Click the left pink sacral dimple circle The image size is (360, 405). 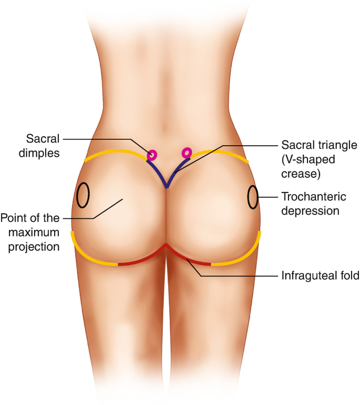pyautogui.click(x=152, y=155)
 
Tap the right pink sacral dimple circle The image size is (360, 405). pyautogui.click(x=186, y=153)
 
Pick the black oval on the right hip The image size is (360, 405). pyautogui.click(x=253, y=197)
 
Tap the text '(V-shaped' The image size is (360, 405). pyautogui.click(x=304, y=158)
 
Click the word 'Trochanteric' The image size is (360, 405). pyautogui.click(x=314, y=197)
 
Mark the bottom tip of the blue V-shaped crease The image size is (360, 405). pyautogui.click(x=167, y=187)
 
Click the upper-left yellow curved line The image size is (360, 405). pyautogui.click(x=114, y=153)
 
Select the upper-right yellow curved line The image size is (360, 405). pyautogui.click(x=221, y=153)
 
